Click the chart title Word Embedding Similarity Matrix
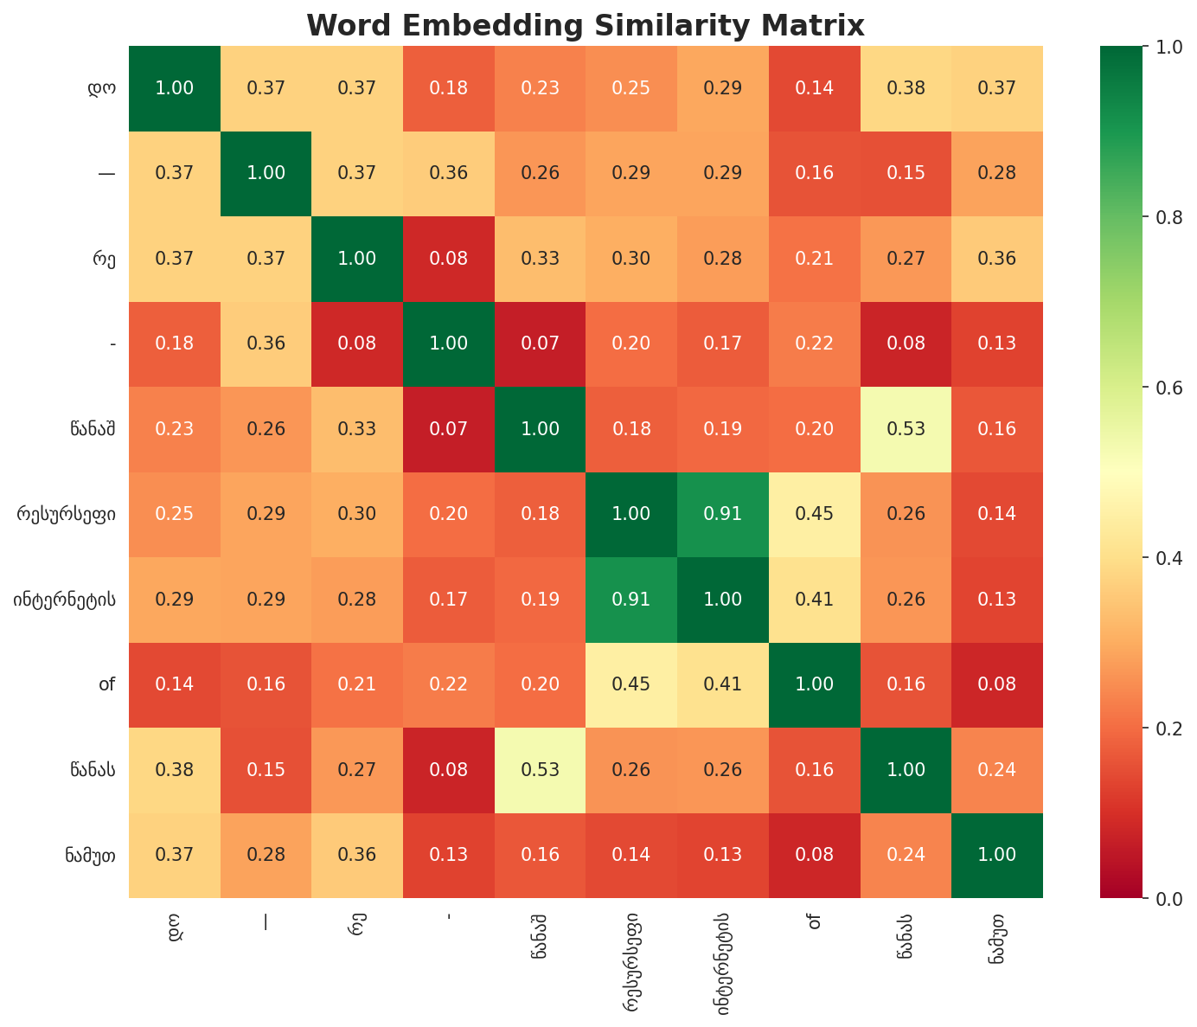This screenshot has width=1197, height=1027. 586,25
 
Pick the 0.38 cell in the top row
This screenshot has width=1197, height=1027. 906,87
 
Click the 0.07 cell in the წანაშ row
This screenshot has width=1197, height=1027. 449,428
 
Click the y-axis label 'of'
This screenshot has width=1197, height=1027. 107,684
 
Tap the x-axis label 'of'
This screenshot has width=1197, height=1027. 814,922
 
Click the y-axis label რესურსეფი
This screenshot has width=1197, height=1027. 73,514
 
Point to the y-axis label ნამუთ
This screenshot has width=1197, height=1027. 90,855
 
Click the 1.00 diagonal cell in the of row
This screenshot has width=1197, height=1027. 814,684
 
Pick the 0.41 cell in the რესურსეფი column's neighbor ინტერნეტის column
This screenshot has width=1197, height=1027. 723,684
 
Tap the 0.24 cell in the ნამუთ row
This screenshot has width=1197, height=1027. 906,855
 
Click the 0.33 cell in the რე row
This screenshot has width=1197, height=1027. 540,258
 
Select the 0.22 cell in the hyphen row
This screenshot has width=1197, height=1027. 814,343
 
